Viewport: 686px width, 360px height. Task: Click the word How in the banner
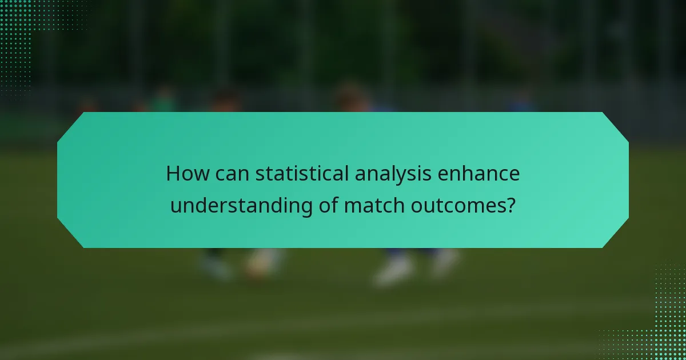tap(185, 174)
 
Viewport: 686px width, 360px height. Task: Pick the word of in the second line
tap(328, 205)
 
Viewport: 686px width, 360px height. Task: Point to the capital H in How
tap(172, 174)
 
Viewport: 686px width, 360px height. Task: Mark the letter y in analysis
tap(409, 177)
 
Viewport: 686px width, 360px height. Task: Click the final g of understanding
tap(306, 208)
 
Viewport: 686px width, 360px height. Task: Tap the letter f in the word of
tap(334, 204)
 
